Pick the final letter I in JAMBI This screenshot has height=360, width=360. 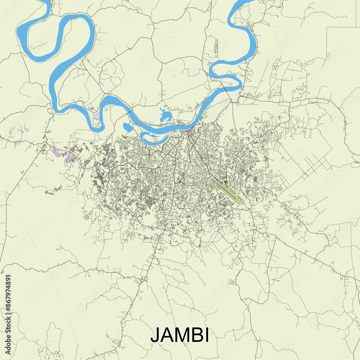pyautogui.click(x=206, y=335)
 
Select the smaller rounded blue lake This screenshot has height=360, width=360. pyautogui.click(x=126, y=127)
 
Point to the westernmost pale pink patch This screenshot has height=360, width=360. pyautogui.click(x=17, y=144)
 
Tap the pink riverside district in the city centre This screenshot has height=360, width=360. pyautogui.click(x=188, y=133)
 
